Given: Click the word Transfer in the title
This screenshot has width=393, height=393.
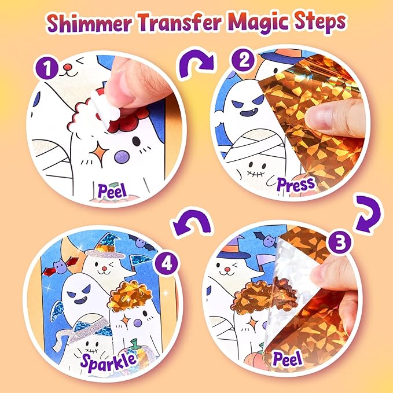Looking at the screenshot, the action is click(x=179, y=22).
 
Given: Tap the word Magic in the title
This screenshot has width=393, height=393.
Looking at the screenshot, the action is click(x=258, y=23).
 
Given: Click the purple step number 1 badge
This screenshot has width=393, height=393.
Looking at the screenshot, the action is click(x=47, y=68).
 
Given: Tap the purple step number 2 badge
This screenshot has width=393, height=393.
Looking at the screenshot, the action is click(x=243, y=60).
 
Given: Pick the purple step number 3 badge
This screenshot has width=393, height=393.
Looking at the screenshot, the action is click(x=340, y=241).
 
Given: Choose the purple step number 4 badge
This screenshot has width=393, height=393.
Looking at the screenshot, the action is click(x=167, y=263).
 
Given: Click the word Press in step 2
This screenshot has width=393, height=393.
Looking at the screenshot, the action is click(x=296, y=185).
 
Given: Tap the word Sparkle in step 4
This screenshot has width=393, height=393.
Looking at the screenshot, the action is click(x=109, y=361).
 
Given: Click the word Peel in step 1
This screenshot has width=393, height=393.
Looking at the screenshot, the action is click(x=112, y=191).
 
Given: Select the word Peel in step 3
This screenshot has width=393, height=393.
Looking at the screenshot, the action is click(x=287, y=358).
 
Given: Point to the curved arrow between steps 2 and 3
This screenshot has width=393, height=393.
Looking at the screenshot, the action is click(x=368, y=213).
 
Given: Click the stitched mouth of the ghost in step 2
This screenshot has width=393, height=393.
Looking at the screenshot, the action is click(x=255, y=173).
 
